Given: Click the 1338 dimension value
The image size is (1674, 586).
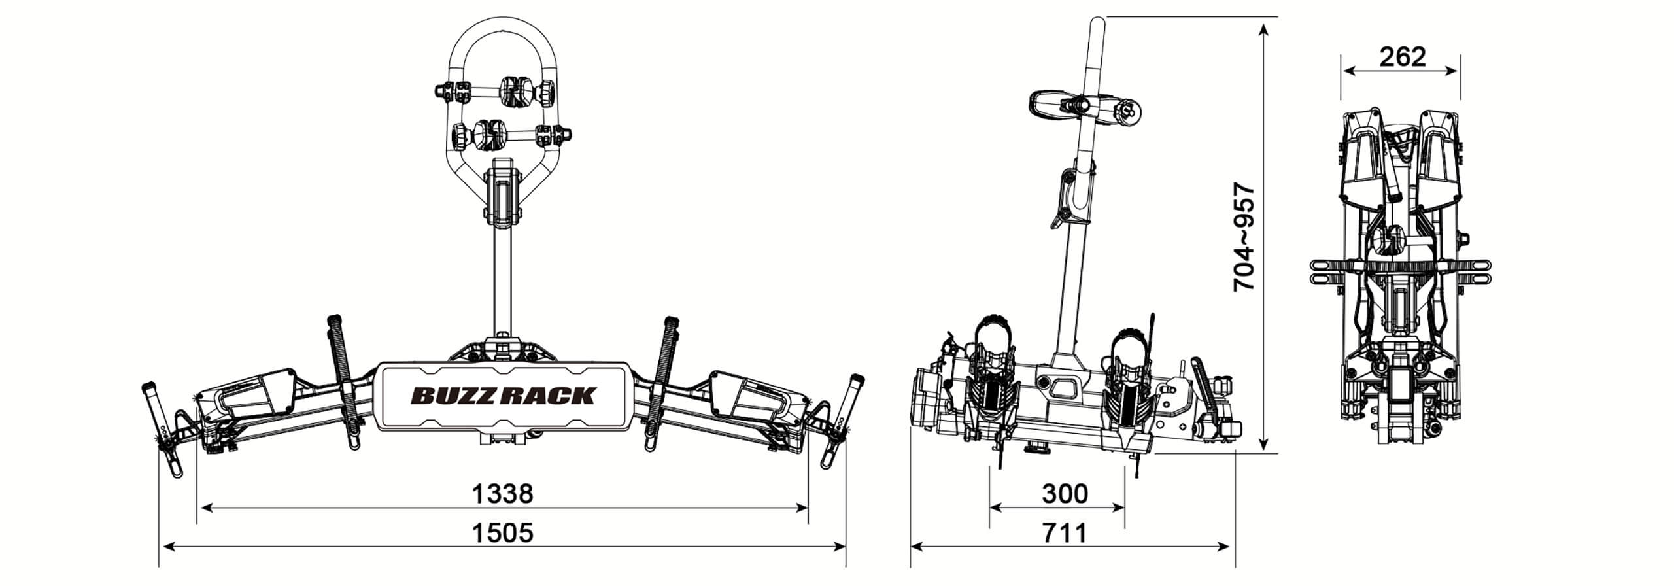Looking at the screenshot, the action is pyautogui.click(x=502, y=494).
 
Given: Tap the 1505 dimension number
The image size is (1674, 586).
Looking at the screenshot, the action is pyautogui.click(x=502, y=532).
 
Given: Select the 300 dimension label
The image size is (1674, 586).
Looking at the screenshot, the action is pyautogui.click(x=1065, y=494).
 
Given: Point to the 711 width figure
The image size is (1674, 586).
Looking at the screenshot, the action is pyautogui.click(x=1065, y=532).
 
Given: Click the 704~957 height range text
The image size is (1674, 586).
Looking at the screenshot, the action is pyautogui.click(x=1244, y=237).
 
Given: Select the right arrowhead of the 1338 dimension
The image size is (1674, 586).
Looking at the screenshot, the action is pyautogui.click(x=800, y=506).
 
